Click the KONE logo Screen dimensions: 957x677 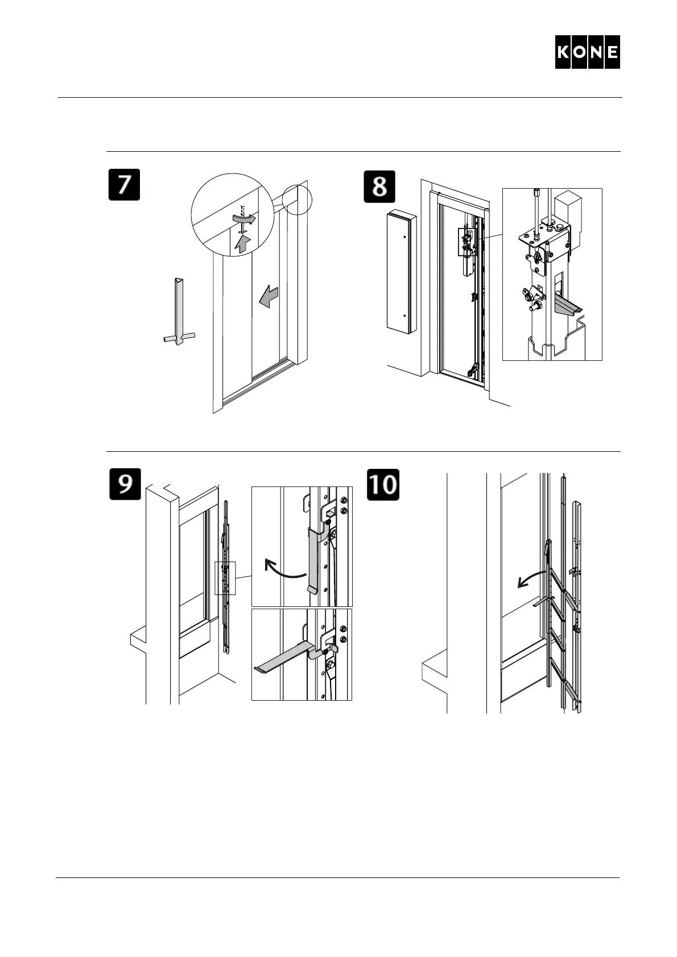(x=587, y=52)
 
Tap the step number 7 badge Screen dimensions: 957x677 (x=124, y=186)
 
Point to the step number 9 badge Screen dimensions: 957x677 (x=125, y=484)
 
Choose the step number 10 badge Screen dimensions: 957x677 (x=383, y=484)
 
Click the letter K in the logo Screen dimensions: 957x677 (x=564, y=52)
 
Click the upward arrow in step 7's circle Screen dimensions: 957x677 (x=243, y=244)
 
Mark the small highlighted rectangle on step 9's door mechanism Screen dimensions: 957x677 (x=225, y=577)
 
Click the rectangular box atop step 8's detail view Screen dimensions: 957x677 (x=569, y=208)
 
